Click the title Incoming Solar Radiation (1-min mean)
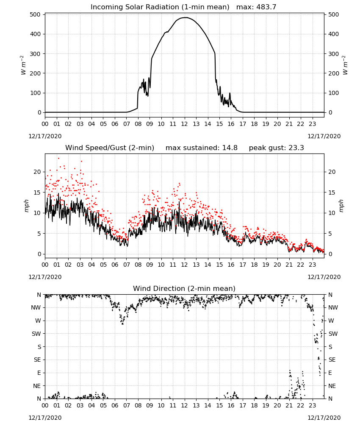(x=160, y=7)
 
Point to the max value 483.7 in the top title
(x=266, y=7)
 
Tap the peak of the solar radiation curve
(x=185, y=17)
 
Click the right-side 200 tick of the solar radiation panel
(x=334, y=73)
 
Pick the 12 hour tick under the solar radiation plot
(x=185, y=124)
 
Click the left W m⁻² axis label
(x=23, y=65)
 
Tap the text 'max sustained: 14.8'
(x=202, y=148)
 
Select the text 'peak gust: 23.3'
(x=276, y=148)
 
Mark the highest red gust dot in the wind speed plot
(x=58, y=158)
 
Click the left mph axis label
(x=26, y=206)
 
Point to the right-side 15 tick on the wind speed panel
(x=332, y=192)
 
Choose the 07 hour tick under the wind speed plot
(x=126, y=265)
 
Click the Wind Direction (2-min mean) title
(x=184, y=288)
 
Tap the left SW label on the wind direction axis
(x=36, y=334)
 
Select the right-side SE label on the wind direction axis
(x=332, y=360)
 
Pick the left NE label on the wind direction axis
(x=37, y=386)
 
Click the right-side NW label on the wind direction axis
(x=333, y=307)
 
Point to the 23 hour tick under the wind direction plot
(x=312, y=406)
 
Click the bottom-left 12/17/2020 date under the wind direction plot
(x=45, y=418)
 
